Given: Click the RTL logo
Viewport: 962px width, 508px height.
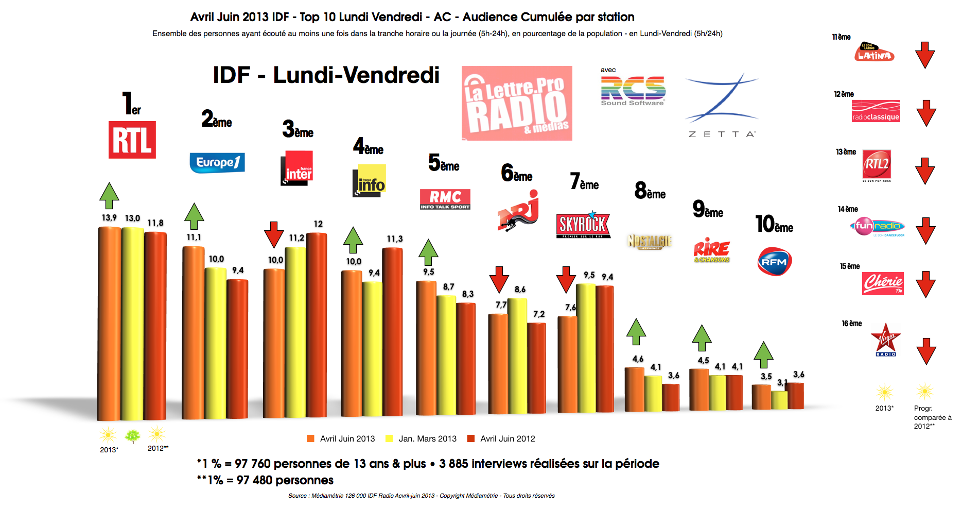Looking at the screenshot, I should coord(132,140).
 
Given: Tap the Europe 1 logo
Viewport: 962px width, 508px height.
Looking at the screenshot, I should coord(217,163).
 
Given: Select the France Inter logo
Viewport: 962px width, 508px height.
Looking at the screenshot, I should coord(297,168).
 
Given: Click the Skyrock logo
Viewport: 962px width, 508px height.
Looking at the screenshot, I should coord(583,225).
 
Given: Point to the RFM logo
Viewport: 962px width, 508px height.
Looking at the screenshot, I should coord(774,261).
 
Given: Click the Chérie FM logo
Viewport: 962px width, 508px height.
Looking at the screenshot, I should coord(883,283).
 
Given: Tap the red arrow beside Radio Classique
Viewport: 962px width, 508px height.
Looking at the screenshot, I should coord(926,113).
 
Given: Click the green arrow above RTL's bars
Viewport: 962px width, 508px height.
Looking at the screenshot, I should coord(109,195).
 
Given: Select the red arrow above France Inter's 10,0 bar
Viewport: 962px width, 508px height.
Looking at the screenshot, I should coord(274,234).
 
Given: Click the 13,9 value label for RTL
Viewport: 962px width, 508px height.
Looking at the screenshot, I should coord(109,218).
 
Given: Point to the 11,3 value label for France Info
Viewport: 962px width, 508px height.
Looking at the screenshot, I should coord(395,239).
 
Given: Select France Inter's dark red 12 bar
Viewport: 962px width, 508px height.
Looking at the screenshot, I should coord(317,325).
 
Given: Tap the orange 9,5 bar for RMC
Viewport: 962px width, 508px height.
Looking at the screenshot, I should coord(426,348).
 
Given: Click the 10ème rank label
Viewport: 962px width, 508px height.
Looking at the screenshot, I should coord(774,224).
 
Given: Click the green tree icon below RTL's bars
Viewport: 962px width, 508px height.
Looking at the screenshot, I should coord(133,436).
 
